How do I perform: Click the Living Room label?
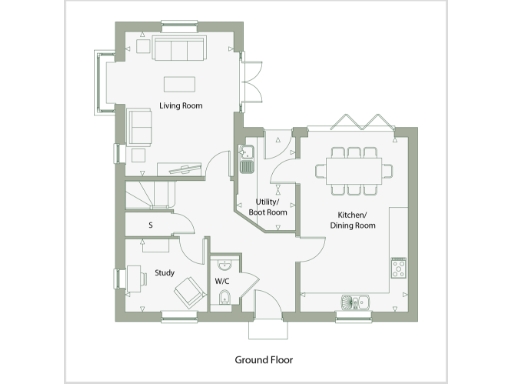[x=181, y=102]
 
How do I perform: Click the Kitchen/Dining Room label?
[x=352, y=221]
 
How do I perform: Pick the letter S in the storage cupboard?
[x=149, y=225]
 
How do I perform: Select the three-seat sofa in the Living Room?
[x=180, y=50]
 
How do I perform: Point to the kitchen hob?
[x=398, y=268]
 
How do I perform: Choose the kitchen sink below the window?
[x=354, y=300]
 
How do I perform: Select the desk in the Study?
[x=133, y=278]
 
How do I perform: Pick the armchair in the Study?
[x=187, y=292]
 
